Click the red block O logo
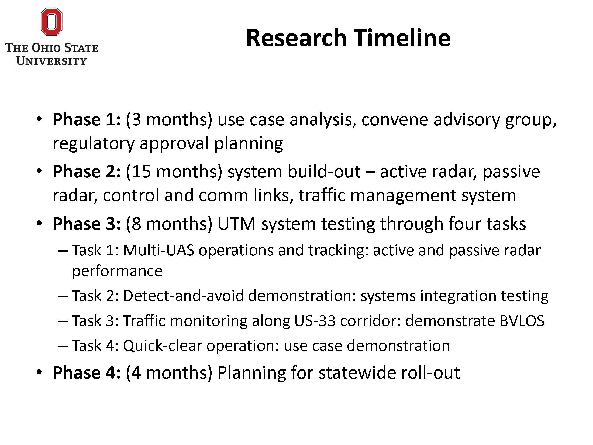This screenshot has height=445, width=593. click(x=51, y=22)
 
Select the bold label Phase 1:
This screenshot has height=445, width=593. click(x=87, y=119)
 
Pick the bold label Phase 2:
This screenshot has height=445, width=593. click(x=87, y=172)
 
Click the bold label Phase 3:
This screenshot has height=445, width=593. click(x=87, y=224)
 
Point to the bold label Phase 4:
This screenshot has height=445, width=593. click(x=87, y=373)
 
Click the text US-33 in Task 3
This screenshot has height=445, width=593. click(x=315, y=321)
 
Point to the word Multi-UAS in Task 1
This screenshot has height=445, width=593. click(x=159, y=250)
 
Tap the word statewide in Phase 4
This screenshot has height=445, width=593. click(x=357, y=373)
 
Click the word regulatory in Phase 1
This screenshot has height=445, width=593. click(x=94, y=143)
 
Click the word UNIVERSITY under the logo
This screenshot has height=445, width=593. click(x=51, y=61)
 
